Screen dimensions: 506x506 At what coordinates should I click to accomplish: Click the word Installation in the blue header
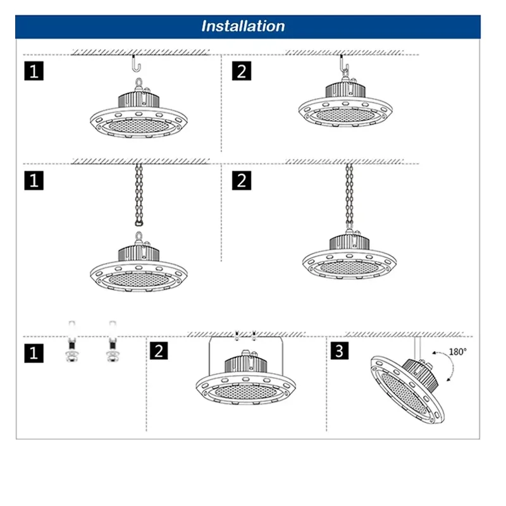point(243,26)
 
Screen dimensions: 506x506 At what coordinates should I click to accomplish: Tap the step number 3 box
point(339,351)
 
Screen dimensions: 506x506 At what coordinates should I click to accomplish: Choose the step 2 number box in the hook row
point(241,70)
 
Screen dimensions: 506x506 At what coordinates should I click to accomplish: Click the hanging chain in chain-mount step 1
point(139,193)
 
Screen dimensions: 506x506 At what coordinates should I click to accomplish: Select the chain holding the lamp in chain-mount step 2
point(349,199)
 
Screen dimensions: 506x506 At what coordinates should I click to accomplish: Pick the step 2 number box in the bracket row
point(161,351)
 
